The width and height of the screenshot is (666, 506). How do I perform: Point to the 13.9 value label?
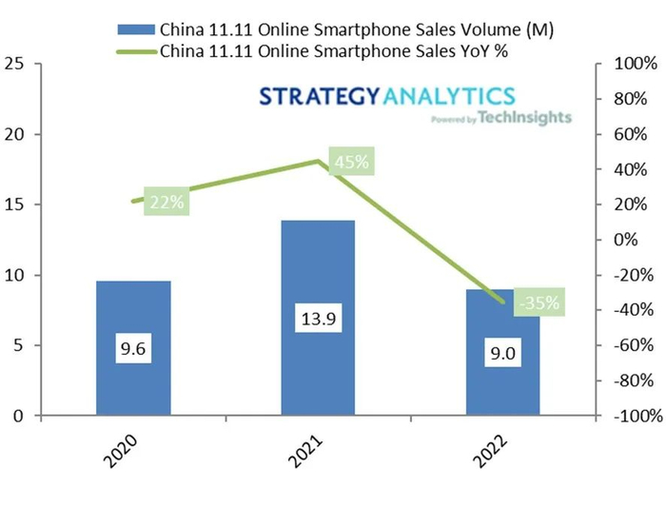317,320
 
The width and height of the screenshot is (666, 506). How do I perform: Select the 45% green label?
351,162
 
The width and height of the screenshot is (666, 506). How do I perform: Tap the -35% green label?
539,303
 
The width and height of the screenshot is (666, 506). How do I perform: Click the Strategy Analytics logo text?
387,96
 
